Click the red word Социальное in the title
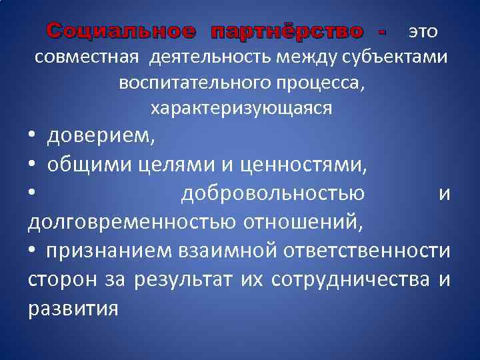[121, 31]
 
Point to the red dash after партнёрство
[381, 31]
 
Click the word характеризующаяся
[241, 107]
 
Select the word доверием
[100, 137]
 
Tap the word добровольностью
[273, 193]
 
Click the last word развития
[73, 308]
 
